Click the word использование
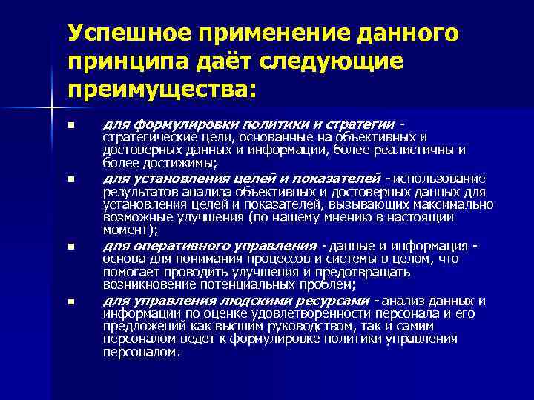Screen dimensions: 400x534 click(440, 179)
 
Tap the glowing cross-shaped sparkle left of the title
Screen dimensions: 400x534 click(51, 108)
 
